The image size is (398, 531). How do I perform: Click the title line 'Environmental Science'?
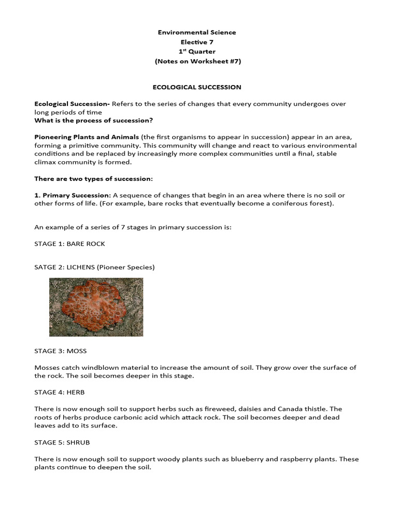(x=196, y=32)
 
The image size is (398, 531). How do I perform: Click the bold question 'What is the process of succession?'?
(x=93, y=120)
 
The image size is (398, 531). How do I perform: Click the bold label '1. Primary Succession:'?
(x=73, y=195)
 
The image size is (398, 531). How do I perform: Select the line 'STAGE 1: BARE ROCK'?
(x=69, y=243)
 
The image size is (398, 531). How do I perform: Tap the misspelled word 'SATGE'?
(x=45, y=267)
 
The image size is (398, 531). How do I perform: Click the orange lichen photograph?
(x=96, y=307)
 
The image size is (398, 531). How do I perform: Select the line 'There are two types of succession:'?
(x=93, y=178)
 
